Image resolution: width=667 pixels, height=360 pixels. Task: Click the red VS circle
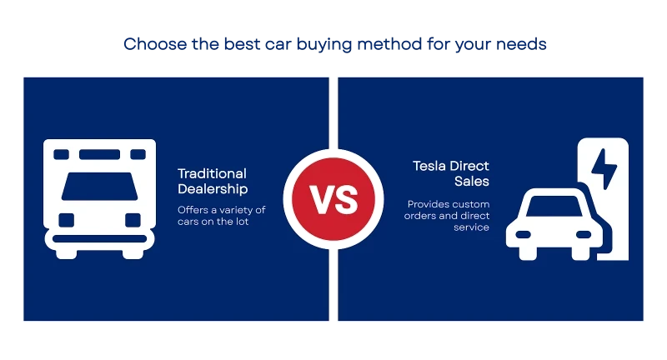point(333,199)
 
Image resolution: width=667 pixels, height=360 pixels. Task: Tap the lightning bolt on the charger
point(604,168)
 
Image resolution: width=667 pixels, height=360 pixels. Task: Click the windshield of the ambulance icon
point(99,186)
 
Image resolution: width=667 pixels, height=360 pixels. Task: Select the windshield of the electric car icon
point(554,206)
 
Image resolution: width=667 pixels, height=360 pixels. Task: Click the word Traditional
point(212,173)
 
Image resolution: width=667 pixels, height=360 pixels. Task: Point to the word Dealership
point(213,188)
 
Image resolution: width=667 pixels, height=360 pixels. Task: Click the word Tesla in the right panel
point(429,166)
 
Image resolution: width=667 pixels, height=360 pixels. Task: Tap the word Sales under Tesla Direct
point(472,181)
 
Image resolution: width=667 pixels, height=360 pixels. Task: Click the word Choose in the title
point(155,44)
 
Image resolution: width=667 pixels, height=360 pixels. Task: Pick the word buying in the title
point(324,45)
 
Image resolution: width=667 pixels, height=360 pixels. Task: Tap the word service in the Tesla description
point(471,227)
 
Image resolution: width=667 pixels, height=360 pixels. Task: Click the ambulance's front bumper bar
point(99,239)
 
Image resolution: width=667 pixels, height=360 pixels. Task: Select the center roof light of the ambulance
point(99,154)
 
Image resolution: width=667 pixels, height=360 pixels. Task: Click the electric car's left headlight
point(524,235)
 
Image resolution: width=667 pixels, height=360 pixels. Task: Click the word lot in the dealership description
point(242,222)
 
